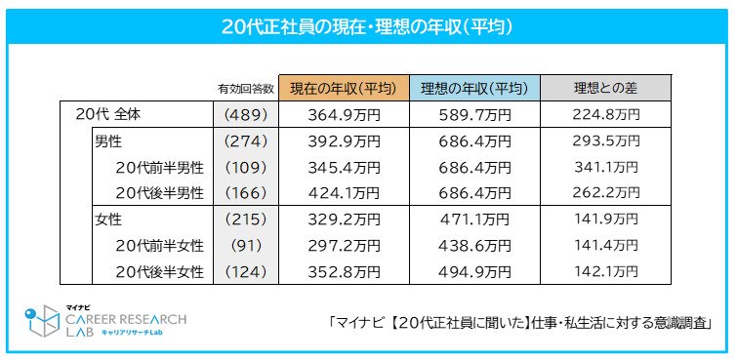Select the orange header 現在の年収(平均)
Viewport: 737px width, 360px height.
pyautogui.click(x=343, y=88)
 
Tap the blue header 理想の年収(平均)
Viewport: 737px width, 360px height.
pyautogui.click(x=473, y=88)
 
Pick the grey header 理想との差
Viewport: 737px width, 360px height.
pyautogui.click(x=605, y=88)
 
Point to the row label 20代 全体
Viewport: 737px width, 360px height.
pyautogui.click(x=108, y=114)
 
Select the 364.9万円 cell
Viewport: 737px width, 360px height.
pyautogui.click(x=343, y=114)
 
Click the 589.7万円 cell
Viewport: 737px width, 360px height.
pyautogui.click(x=473, y=114)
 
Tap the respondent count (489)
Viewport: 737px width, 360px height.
pyautogui.click(x=245, y=114)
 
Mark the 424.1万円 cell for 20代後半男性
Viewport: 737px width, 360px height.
pyautogui.click(x=343, y=191)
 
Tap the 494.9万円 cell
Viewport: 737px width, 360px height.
pyautogui.click(x=473, y=271)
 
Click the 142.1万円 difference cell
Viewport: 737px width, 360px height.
pyautogui.click(x=605, y=271)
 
